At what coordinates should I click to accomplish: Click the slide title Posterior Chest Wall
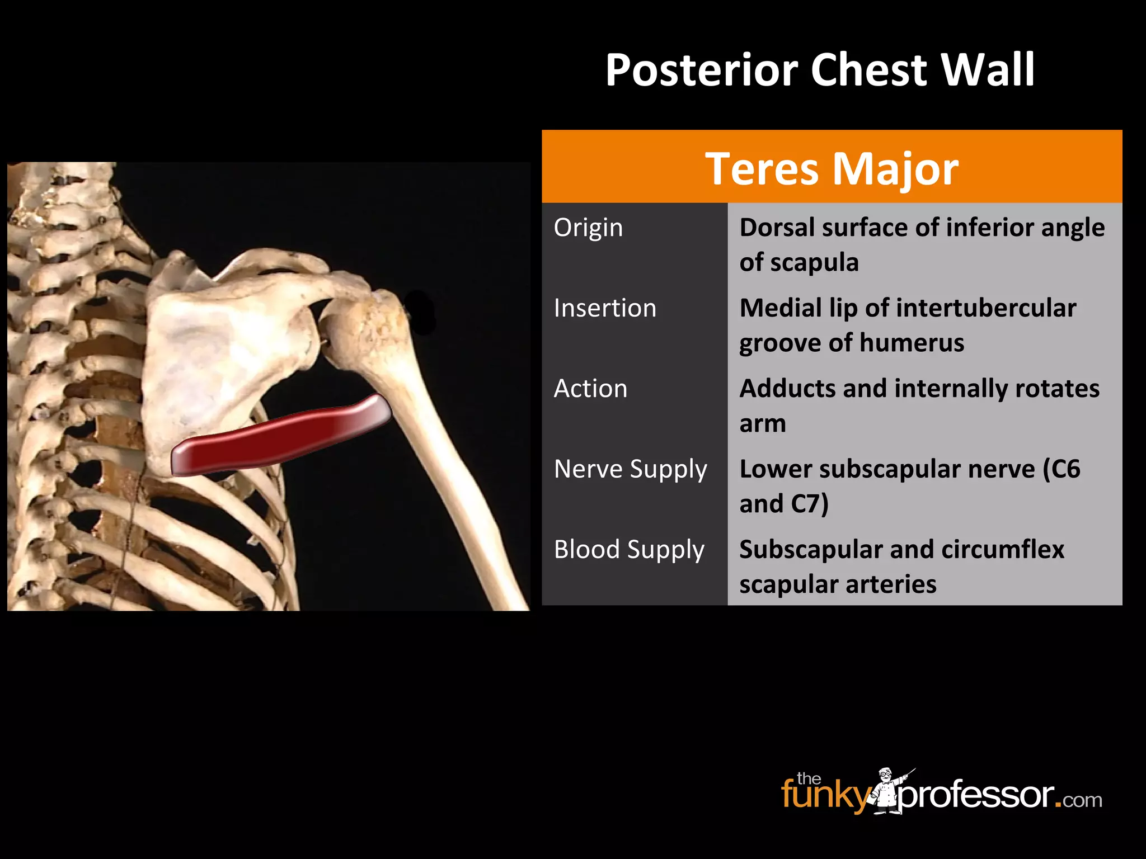point(820,70)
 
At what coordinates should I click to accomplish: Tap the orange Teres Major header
point(832,168)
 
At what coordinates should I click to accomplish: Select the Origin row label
point(588,228)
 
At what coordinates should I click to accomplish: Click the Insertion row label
point(605,308)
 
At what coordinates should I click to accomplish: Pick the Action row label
point(590,389)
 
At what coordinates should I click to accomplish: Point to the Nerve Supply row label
point(630,469)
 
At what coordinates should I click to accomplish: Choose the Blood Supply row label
point(629,550)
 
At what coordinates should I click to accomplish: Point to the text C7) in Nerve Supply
point(809,504)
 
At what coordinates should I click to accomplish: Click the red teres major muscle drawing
point(280,436)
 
